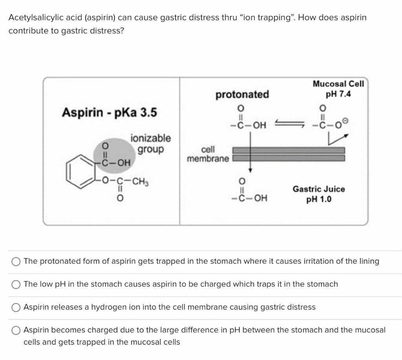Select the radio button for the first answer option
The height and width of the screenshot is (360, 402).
pyautogui.click(x=16, y=262)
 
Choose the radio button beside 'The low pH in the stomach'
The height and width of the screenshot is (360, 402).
pyautogui.click(x=16, y=285)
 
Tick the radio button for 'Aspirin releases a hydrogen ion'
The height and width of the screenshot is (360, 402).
pyautogui.click(x=16, y=307)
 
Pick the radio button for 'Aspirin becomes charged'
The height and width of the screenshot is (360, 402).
pyautogui.click(x=16, y=330)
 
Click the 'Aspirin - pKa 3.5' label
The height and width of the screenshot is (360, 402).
pyautogui.click(x=109, y=112)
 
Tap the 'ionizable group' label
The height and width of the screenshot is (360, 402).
pyautogui.click(x=151, y=144)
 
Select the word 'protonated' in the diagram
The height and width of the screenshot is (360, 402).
pyautogui.click(x=242, y=94)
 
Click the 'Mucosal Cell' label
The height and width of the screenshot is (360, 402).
pyautogui.click(x=338, y=84)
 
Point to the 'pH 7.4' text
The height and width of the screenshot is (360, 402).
pyautogui.click(x=338, y=94)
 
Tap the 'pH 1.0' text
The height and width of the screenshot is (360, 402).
pyautogui.click(x=319, y=199)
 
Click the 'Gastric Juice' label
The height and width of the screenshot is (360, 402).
pyautogui.click(x=319, y=189)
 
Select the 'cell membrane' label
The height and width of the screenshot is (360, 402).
pyautogui.click(x=208, y=154)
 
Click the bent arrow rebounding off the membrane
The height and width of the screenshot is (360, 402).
pyautogui.click(x=338, y=140)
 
